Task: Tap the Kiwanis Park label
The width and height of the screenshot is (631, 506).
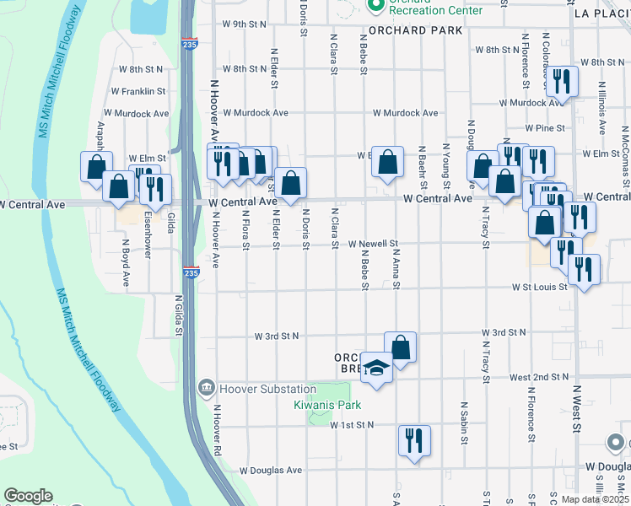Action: click(x=327, y=405)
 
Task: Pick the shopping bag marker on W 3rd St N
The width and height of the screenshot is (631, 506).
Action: click(x=400, y=347)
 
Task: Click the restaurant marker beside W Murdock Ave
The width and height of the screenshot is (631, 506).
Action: click(x=562, y=82)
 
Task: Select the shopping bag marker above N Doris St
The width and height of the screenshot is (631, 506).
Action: click(x=290, y=183)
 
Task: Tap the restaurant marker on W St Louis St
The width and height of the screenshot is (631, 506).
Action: click(x=584, y=270)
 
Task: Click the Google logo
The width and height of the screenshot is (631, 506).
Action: click(x=28, y=496)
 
